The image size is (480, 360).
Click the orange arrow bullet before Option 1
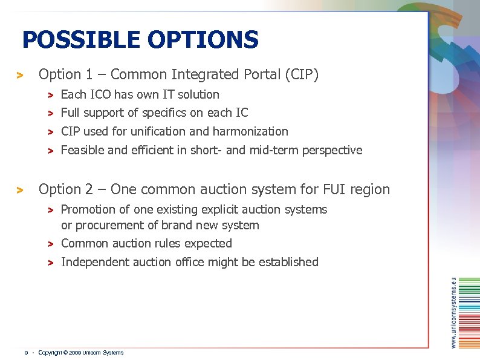(x=19, y=76)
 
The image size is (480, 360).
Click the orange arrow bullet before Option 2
(x=19, y=191)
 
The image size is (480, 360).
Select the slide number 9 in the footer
(x=26, y=353)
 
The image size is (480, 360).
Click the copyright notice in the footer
(x=80, y=353)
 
